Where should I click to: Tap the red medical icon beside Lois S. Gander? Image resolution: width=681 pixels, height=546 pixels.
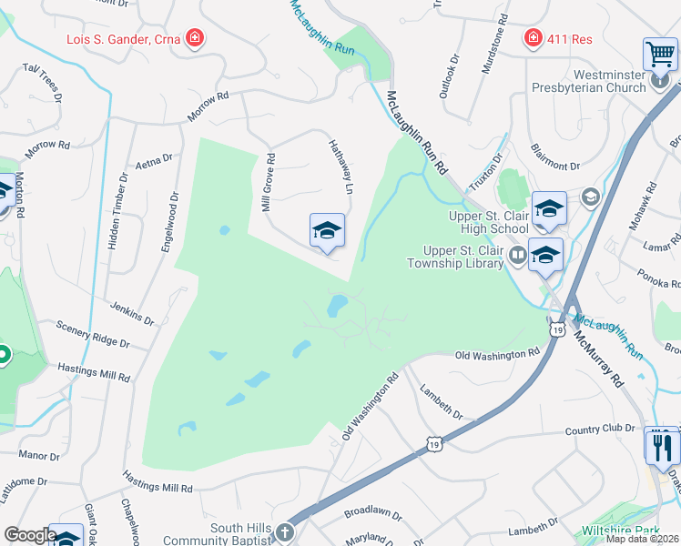(194, 38)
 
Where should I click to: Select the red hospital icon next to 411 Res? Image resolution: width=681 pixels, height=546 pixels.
(533, 38)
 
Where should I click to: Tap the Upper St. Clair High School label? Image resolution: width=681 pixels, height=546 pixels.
(488, 222)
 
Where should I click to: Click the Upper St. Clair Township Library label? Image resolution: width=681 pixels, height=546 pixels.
(462, 257)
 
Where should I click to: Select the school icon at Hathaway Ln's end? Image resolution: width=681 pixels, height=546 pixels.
(327, 231)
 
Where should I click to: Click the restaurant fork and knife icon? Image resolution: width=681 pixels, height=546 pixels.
(662, 446)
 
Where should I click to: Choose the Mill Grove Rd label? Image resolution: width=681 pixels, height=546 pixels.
(269, 183)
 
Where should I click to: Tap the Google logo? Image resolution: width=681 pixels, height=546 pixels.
(30, 535)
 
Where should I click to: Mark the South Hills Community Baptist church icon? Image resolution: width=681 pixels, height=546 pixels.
(285, 532)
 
